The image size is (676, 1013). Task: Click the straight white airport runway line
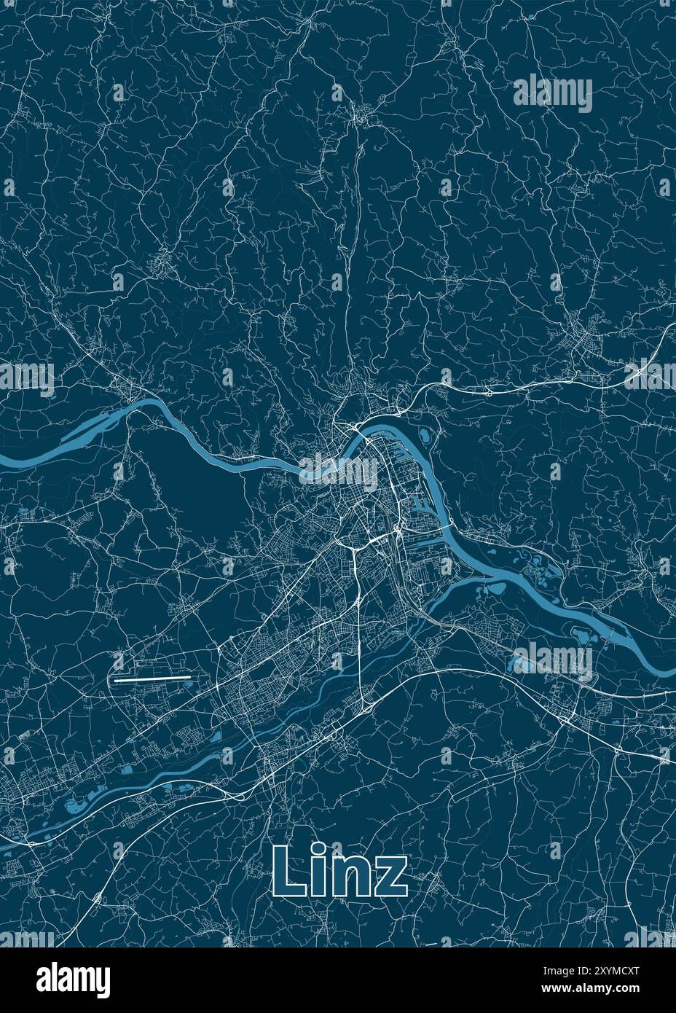[x=152, y=678]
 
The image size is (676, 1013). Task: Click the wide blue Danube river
[x=219, y=455]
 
